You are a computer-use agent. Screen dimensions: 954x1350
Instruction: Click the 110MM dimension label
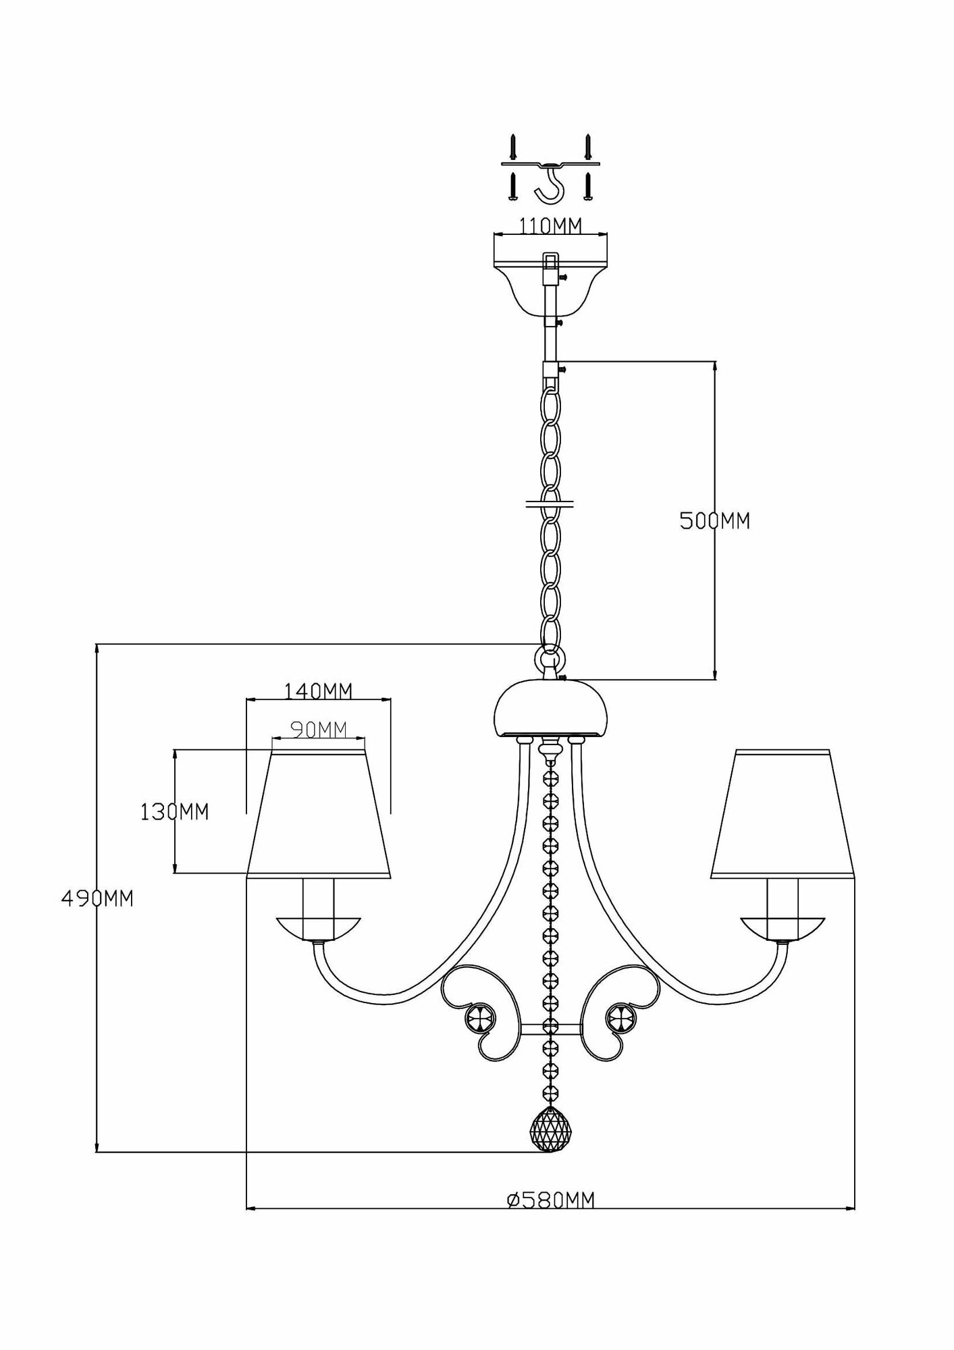[x=550, y=225]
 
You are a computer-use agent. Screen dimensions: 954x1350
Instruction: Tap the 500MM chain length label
[x=714, y=521]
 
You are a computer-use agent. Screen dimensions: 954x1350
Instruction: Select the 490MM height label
[x=97, y=898]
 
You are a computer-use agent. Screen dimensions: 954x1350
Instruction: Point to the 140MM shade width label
[x=318, y=691]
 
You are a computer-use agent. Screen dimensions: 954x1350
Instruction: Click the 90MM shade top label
[x=318, y=729]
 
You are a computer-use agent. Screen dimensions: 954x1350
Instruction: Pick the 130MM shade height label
[x=174, y=811]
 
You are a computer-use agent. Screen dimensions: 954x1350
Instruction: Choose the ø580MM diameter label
[x=550, y=1199]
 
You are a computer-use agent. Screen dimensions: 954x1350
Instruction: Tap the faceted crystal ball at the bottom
[x=550, y=1128]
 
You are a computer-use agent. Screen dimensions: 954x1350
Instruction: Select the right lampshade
[x=783, y=813]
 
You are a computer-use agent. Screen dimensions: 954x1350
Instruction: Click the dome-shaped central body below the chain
[x=550, y=709]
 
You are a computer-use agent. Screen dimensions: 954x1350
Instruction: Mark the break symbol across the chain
[x=550, y=504]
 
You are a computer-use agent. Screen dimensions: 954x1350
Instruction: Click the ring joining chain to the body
[x=550, y=657]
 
